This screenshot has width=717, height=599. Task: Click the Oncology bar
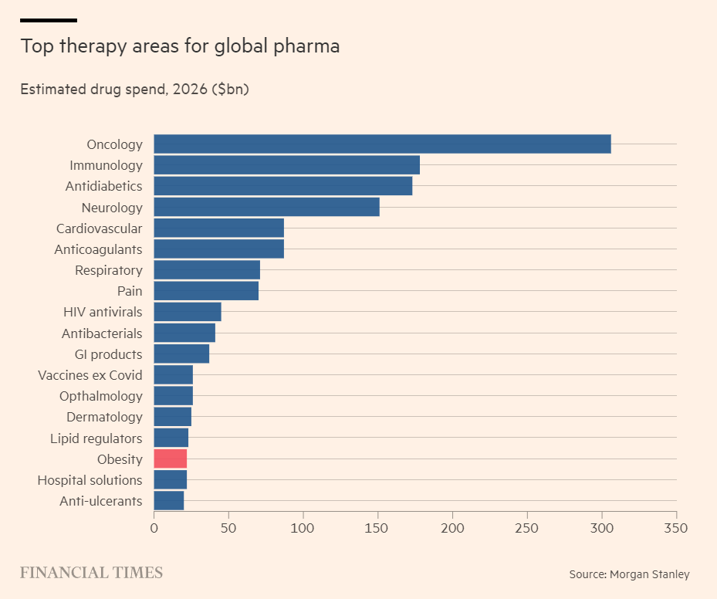pyautogui.click(x=382, y=144)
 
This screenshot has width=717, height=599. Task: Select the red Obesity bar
pyautogui.click(x=171, y=459)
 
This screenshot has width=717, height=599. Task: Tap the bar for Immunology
pyautogui.click(x=286, y=165)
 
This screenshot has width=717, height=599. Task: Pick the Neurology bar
pyautogui.click(x=266, y=208)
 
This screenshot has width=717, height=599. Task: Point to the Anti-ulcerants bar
pyautogui.click(x=169, y=501)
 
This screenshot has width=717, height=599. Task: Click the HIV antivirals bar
pyautogui.click(x=188, y=312)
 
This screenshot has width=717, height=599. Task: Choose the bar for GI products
pyautogui.click(x=181, y=354)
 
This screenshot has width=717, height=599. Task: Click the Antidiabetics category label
pyautogui.click(x=103, y=186)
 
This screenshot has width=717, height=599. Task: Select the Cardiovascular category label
pyautogui.click(x=99, y=228)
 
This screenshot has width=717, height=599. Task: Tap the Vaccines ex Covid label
pyautogui.click(x=90, y=375)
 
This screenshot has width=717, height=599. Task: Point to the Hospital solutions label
pyautogui.click(x=90, y=480)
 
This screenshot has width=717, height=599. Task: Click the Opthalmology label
pyautogui.click(x=101, y=396)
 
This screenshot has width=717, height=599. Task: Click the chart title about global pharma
pyautogui.click(x=180, y=46)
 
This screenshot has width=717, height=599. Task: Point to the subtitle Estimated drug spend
pyautogui.click(x=134, y=90)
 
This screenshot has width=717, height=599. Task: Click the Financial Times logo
pyautogui.click(x=91, y=573)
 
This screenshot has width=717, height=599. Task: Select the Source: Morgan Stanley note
pyautogui.click(x=629, y=574)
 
